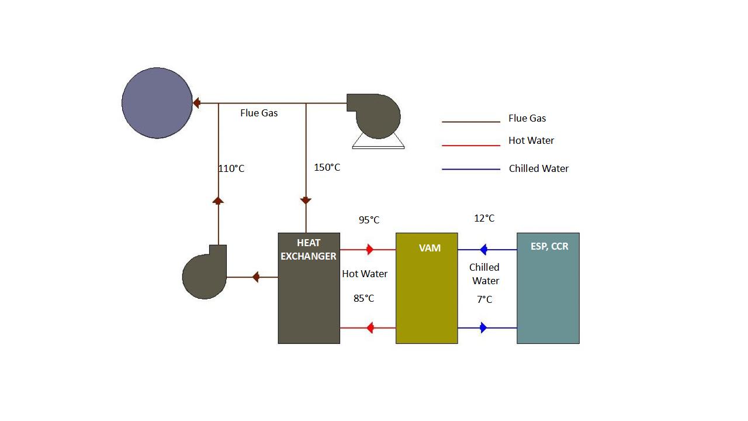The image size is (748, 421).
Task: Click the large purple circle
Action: pos(157,103)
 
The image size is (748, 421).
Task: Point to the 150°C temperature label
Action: pos(327,168)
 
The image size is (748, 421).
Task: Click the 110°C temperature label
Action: pos(231,168)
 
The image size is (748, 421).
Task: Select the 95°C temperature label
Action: pos(369,220)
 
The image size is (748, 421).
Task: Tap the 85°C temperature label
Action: pos(363,298)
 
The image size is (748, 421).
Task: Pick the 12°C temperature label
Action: pos(484,218)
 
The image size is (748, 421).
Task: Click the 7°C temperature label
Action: pos(484,299)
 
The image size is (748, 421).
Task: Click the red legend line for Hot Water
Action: pos(471,145)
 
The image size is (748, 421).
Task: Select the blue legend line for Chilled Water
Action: pos(471,170)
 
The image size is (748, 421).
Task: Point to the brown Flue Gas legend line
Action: pos(471,122)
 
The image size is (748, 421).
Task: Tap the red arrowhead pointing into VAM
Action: pos(370,250)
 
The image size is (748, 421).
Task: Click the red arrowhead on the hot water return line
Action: pos(370,328)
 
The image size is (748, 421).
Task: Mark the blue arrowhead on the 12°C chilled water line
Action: pos(483,250)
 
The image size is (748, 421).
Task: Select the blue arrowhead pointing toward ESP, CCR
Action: pos(483,328)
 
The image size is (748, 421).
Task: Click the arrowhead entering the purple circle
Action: pos(196,103)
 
